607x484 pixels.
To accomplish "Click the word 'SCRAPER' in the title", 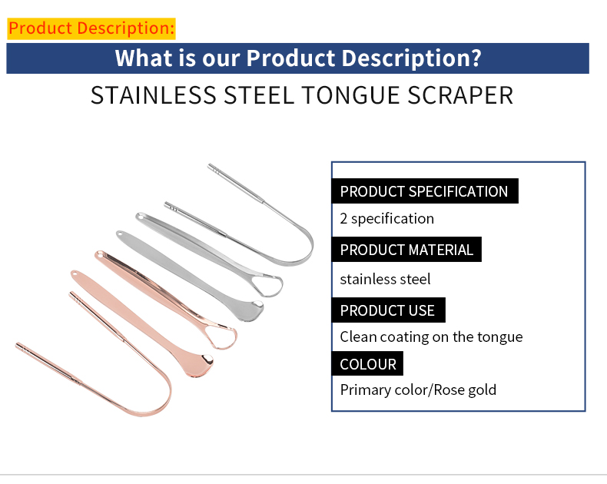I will [x=461, y=96].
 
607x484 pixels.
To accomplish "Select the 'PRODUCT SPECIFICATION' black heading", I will [x=424, y=191].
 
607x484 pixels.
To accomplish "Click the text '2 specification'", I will [x=387, y=219].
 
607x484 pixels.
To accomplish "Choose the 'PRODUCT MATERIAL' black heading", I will [x=406, y=250].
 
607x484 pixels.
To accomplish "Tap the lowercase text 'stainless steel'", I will [x=386, y=279].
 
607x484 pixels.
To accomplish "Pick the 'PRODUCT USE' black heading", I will [x=387, y=310].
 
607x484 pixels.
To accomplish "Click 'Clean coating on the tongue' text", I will [x=431, y=336].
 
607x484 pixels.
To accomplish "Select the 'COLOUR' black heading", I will [x=368, y=364].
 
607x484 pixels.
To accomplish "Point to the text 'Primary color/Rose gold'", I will [x=418, y=390].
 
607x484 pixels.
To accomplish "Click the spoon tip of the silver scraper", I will [x=250, y=309].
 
